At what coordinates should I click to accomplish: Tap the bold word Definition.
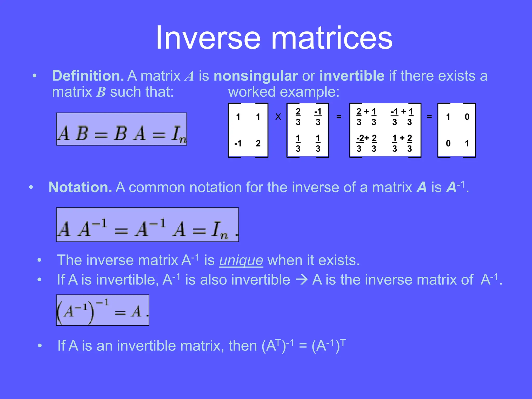88,76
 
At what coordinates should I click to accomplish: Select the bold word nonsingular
255,76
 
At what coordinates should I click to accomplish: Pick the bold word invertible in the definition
352,76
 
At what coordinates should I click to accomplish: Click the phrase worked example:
284,92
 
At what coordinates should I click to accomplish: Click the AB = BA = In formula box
121,129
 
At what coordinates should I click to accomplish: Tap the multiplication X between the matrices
278,117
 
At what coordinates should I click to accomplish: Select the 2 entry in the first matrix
258,143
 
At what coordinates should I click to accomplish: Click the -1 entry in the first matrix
238,143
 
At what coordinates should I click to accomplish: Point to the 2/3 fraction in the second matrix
298,117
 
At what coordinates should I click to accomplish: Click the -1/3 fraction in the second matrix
318,117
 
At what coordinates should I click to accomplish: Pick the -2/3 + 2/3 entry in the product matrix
367,143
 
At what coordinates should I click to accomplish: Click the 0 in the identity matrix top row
467,117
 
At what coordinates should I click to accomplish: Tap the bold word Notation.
80,187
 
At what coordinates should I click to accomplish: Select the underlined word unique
241,260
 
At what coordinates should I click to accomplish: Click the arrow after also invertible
302,280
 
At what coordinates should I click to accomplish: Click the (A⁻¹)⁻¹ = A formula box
103,310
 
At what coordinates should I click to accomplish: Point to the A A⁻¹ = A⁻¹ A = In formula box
147,225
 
